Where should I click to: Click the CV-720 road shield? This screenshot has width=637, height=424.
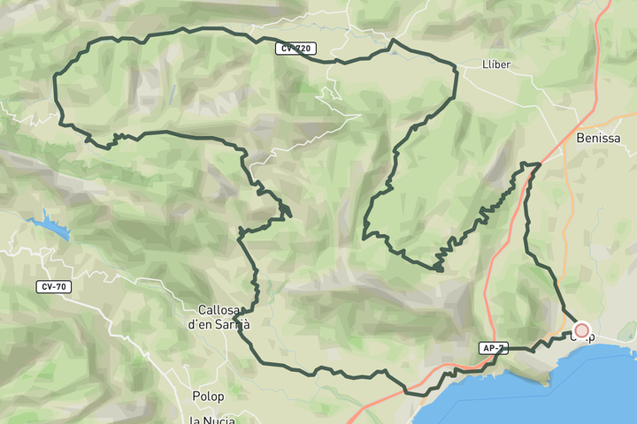(295, 49)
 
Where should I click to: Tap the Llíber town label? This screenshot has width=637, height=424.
(497, 64)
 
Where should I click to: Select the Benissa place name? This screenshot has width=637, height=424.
(598, 139)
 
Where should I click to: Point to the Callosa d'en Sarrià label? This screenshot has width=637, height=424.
(219, 317)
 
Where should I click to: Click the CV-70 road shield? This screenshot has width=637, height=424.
(54, 286)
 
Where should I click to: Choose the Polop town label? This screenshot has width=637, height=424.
(209, 397)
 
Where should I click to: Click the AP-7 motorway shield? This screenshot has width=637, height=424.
(493, 348)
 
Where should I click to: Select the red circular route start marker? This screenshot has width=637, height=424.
(581, 330)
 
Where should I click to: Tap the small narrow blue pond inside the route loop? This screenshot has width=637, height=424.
(173, 94)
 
